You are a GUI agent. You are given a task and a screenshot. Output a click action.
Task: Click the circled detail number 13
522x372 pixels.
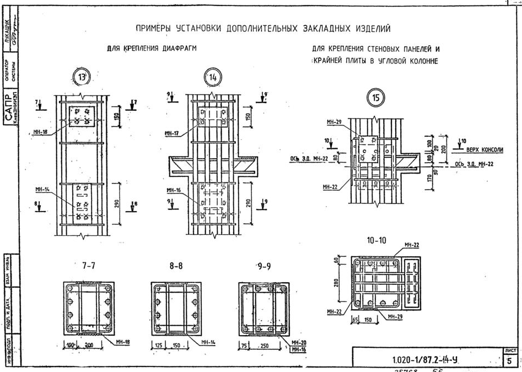83,77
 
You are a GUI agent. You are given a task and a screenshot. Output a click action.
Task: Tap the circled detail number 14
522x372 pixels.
212,78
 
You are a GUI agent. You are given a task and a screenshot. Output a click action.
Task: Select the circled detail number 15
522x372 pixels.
376,98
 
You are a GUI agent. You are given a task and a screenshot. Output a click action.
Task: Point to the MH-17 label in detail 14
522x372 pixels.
173,133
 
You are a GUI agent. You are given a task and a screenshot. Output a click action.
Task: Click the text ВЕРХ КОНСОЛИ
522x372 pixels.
485,149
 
